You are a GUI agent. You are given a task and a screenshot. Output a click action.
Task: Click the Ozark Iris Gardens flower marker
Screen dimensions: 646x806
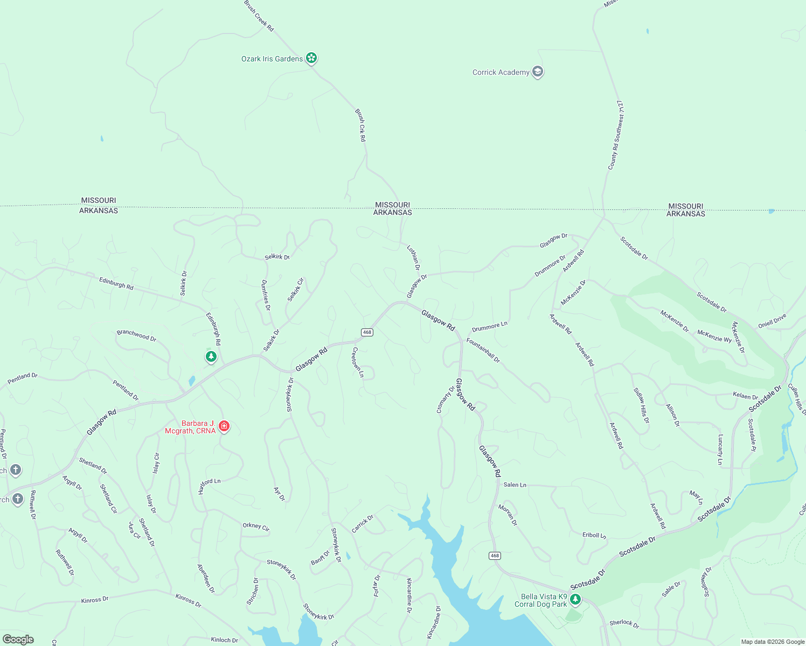pos(311,58)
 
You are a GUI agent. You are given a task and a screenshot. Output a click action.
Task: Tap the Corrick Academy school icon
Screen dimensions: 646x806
pos(537,72)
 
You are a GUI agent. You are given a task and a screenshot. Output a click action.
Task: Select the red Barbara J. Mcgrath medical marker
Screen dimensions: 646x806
pos(224,426)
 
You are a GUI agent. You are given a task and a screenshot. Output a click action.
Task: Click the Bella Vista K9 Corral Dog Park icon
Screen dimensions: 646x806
pos(575,599)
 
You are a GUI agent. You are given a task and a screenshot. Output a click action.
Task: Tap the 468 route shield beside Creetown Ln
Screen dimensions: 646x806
pos(367,332)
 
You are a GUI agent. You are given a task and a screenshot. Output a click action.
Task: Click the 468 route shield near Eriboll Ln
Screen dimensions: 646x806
pos(495,556)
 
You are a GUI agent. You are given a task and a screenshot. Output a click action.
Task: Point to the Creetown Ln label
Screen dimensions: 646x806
pos(358,362)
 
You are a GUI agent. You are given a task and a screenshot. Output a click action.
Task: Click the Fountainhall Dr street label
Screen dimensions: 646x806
pos(483,350)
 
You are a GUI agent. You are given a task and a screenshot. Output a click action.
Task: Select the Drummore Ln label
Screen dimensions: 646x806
pos(489,327)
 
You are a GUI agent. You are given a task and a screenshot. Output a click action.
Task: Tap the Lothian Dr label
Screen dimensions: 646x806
pos(413,257)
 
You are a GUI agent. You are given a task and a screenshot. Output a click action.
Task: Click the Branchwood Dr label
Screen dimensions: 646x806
pos(136,335)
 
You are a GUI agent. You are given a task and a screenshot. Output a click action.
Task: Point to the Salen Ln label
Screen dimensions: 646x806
pos(515,484)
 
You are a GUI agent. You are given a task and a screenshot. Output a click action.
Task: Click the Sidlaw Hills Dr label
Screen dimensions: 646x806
pos(641,405)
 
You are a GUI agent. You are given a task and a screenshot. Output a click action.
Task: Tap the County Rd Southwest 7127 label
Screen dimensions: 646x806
pos(616,135)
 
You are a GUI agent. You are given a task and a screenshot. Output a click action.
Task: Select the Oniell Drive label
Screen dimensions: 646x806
pos(772,321)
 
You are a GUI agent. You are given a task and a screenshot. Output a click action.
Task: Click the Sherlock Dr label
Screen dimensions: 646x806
pos(624,623)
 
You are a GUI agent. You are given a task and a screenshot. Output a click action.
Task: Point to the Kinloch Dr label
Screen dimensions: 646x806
pos(224,640)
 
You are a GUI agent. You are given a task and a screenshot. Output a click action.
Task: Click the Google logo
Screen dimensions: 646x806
pos(18,639)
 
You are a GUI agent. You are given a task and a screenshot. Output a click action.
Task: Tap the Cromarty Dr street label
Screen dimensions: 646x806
pos(446,399)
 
